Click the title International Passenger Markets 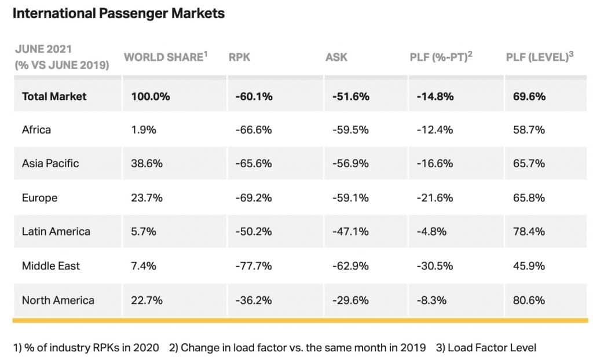tap(119, 13)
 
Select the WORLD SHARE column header tap(166, 57)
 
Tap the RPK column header tap(239, 57)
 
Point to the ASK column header tap(336, 57)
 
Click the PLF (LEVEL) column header tap(540, 57)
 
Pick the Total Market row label tap(54, 97)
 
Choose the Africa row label tap(36, 130)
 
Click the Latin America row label tap(56, 232)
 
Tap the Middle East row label tap(51, 266)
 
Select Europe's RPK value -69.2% tap(254, 198)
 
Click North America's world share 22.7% tap(147, 300)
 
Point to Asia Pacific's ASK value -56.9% tap(350, 163)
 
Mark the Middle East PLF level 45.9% tap(529, 266)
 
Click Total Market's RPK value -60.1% tap(254, 97)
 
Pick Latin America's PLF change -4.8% tap(431, 232)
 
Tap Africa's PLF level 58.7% tap(529, 130)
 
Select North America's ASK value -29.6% tap(350, 300)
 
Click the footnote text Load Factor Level tap(492, 347)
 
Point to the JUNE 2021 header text tap(43, 49)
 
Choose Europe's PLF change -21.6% tap(435, 198)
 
